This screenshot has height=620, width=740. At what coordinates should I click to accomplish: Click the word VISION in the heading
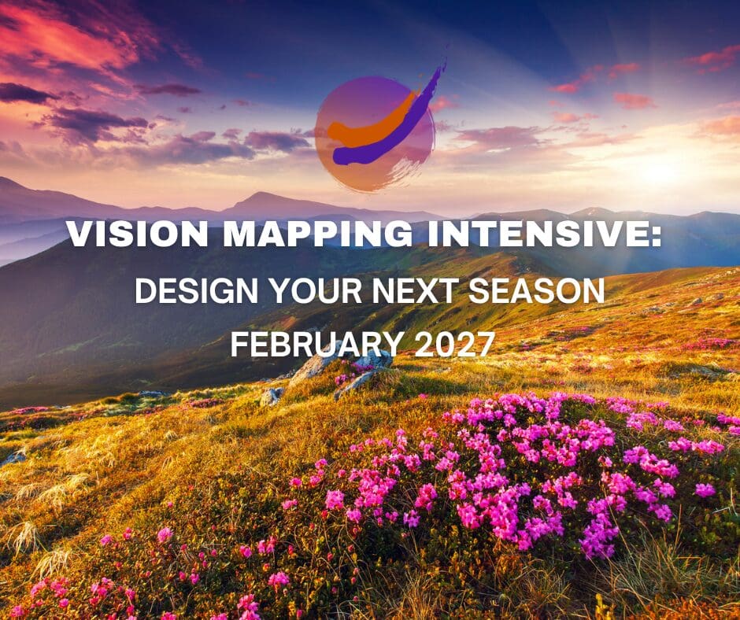(137, 234)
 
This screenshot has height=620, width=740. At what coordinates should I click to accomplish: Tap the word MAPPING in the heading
(318, 234)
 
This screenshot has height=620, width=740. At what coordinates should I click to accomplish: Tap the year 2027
(454, 344)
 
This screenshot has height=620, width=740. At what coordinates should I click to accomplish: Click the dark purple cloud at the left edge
(26, 94)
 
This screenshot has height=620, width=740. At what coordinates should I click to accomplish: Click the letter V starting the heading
(80, 234)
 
